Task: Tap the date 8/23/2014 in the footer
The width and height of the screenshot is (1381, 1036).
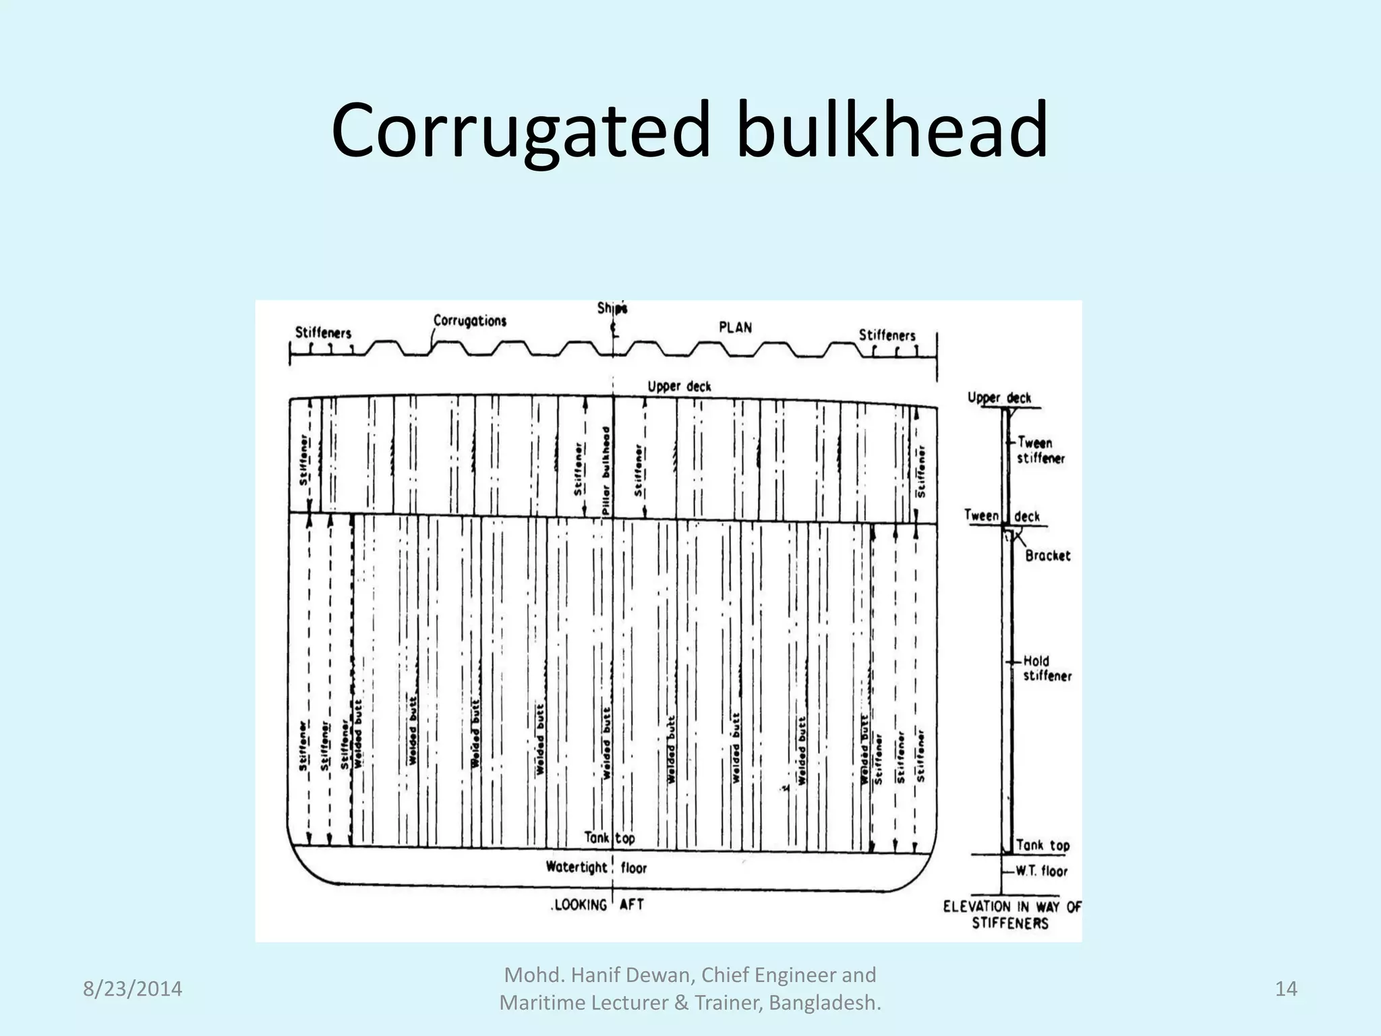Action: [x=132, y=989]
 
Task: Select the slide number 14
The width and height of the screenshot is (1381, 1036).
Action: [x=1286, y=989]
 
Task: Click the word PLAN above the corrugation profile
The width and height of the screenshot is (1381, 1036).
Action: [x=735, y=327]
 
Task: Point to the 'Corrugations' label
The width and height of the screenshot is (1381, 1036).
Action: [x=469, y=320]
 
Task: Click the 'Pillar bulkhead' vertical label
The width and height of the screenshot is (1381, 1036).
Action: [x=606, y=471]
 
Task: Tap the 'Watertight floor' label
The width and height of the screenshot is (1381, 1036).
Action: [x=596, y=867]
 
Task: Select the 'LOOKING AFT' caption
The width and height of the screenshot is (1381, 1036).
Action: [x=597, y=904]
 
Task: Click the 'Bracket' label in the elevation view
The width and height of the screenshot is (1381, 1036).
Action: [x=1047, y=555]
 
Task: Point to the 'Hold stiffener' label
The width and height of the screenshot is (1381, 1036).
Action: [x=1046, y=668]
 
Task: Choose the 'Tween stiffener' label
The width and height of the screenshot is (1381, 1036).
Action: [x=1040, y=450]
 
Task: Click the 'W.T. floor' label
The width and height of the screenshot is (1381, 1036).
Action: [x=1042, y=871]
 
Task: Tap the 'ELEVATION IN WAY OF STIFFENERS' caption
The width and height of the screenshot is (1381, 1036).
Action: [x=1011, y=915]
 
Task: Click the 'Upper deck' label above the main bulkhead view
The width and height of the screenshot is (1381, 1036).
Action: [x=679, y=386]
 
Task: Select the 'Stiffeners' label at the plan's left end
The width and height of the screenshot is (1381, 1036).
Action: [x=323, y=333]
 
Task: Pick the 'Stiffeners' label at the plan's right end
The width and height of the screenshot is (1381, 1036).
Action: [x=887, y=335]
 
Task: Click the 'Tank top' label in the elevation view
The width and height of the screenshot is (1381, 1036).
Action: [x=1042, y=845]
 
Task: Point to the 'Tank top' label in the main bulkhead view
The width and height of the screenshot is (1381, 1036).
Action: [x=609, y=838]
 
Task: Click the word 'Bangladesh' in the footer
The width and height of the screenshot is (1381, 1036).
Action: [x=824, y=1003]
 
